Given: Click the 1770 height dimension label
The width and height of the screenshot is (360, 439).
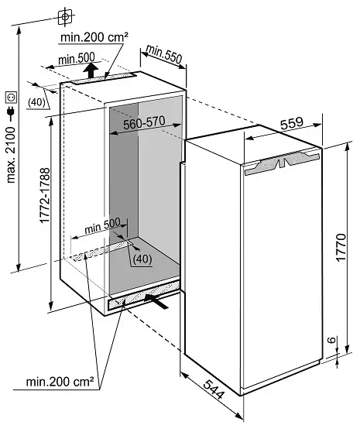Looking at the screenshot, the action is [341, 248].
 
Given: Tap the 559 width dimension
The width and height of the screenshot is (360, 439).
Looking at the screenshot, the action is [292, 123].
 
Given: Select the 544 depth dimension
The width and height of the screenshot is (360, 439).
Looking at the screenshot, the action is [214, 389].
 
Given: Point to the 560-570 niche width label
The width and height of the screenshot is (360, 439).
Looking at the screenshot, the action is [144, 122].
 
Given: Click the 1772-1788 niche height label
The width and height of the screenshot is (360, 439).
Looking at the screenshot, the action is [45, 195].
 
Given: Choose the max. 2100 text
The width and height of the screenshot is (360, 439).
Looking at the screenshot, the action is [11, 155].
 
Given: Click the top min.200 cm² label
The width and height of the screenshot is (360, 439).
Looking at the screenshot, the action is [94, 37].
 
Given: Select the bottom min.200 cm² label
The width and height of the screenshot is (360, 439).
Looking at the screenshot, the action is [60, 382].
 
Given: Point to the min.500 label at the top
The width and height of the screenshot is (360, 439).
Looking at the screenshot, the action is [77, 59].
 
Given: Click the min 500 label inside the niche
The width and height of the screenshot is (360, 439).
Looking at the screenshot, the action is [102, 226].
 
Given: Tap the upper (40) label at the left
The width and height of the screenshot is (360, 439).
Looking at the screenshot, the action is [36, 102].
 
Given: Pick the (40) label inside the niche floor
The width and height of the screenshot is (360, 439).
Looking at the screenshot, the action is [142, 259].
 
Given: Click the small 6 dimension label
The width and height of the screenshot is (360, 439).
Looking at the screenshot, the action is [331, 340].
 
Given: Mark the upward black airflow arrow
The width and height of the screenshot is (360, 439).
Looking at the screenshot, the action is [91, 70].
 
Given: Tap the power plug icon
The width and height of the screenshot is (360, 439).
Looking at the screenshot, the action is [11, 111].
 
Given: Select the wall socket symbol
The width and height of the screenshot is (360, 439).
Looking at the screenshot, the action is [11, 97].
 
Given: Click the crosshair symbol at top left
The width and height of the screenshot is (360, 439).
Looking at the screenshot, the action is [65, 17].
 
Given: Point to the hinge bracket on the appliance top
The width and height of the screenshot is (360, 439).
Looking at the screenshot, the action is [282, 162].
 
